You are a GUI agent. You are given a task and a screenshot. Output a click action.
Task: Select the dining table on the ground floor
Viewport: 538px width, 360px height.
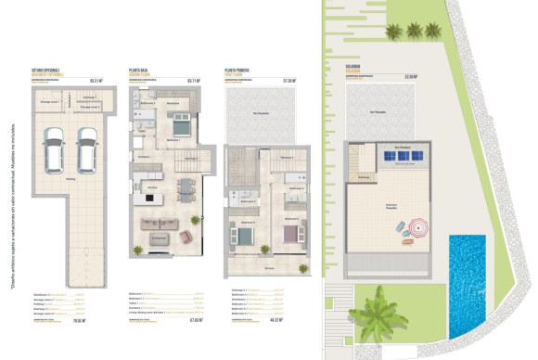pos(186,188)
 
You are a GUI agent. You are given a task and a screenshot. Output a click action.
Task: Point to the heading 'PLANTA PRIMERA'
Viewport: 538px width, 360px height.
pos(238,70)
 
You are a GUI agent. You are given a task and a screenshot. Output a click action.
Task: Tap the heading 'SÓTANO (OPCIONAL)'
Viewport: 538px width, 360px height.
pos(45,70)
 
